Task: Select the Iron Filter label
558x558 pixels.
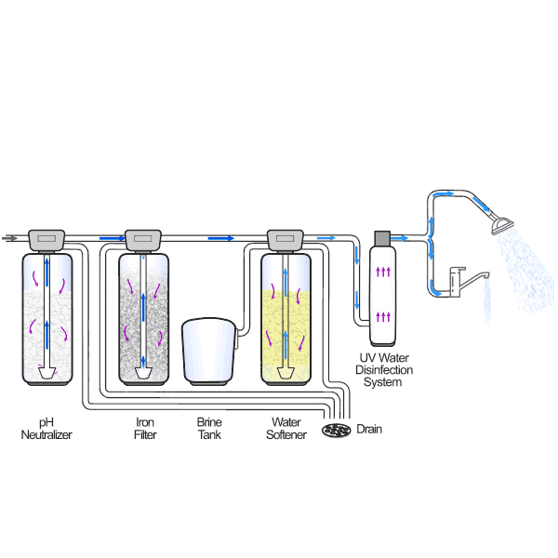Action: (144, 429)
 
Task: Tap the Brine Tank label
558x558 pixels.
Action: (209, 429)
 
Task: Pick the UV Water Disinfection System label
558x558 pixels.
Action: (386, 370)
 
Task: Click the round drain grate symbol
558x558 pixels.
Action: (334, 430)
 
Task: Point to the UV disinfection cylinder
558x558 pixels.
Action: (382, 296)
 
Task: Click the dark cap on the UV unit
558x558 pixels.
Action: (382, 238)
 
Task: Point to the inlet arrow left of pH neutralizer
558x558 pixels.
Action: (11, 238)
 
